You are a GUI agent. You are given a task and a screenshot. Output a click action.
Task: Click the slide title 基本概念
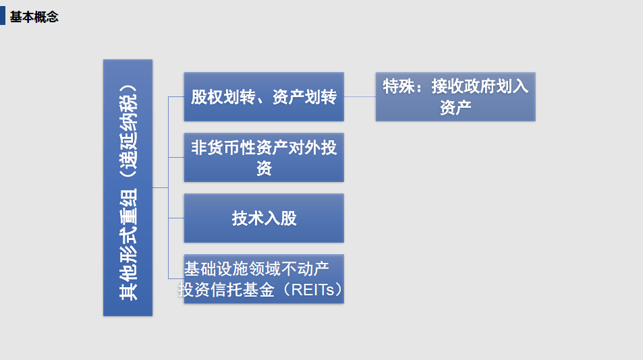pyautogui.click(x=34, y=18)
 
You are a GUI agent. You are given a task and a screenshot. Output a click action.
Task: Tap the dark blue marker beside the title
pyautogui.click(x=3, y=16)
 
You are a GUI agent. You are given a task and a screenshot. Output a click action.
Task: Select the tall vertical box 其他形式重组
pyautogui.click(x=128, y=187)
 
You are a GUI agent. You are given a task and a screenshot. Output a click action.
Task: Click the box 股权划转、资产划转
pyautogui.click(x=264, y=96)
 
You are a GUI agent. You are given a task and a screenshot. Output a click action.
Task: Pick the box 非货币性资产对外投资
pyautogui.click(x=264, y=157)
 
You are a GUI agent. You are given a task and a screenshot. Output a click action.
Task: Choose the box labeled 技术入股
pyautogui.click(x=264, y=218)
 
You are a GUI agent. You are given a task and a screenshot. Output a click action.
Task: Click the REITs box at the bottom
pyautogui.click(x=264, y=279)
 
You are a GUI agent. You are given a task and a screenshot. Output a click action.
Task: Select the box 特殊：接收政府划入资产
pyautogui.click(x=455, y=96)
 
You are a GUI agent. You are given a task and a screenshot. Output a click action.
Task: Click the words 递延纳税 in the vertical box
pyautogui.click(x=128, y=130)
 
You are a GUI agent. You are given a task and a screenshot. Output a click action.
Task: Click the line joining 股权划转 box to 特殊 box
pyautogui.click(x=360, y=96)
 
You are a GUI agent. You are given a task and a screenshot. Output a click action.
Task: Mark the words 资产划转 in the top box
pyautogui.click(x=304, y=97)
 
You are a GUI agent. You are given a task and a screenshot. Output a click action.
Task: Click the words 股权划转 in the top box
pyautogui.click(x=223, y=97)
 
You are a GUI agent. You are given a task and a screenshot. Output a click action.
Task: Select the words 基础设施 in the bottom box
pyautogui.click(x=216, y=269)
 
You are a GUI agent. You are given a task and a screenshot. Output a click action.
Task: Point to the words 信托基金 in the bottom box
pyautogui.click(x=242, y=290)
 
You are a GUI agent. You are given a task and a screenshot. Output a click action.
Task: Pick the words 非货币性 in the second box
pyautogui.click(x=223, y=148)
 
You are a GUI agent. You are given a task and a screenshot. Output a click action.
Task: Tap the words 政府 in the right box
pyautogui.click(x=480, y=86)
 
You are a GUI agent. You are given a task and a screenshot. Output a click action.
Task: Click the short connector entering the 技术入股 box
pyautogui.click(x=176, y=218)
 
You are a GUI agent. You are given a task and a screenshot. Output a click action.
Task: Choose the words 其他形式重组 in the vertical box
pyautogui.click(x=128, y=245)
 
